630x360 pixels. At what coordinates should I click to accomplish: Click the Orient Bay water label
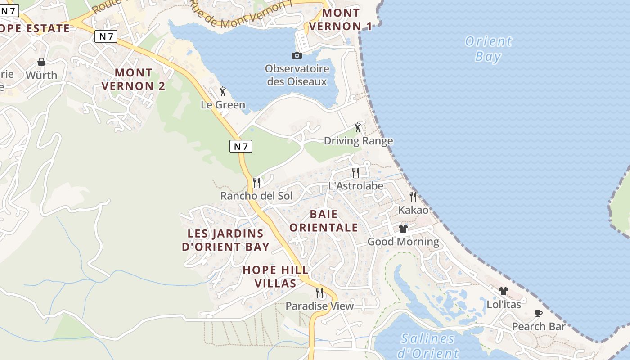[x=488, y=49]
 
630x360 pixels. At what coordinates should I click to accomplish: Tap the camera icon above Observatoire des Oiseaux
[x=297, y=55]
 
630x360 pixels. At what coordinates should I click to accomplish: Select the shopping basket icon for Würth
[x=41, y=62]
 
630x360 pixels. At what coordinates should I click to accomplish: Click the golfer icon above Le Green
[x=223, y=91]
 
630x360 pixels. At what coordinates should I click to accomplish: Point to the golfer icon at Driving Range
[x=358, y=127]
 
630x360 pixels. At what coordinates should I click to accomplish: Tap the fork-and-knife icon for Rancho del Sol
[x=256, y=182]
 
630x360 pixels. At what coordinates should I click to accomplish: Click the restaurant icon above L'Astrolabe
[x=355, y=172]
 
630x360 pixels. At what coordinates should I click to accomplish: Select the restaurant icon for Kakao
[x=413, y=197]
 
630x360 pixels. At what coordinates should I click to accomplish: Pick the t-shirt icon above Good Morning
[x=403, y=229]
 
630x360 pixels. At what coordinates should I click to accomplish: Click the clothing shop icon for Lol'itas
[x=504, y=291]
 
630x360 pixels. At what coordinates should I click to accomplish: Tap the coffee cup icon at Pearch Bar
[x=539, y=313]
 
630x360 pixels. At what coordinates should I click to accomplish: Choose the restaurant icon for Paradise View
[x=319, y=293]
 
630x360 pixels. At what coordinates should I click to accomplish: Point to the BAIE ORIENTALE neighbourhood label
[x=324, y=220]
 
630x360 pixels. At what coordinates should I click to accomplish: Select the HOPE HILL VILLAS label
[x=275, y=276]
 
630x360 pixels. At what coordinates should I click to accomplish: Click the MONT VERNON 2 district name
[x=134, y=79]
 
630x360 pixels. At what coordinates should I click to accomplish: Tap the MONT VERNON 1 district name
[x=341, y=19]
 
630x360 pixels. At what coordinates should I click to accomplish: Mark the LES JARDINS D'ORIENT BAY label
[x=225, y=240]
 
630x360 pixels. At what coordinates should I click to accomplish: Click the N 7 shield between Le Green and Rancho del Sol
[x=241, y=146]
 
